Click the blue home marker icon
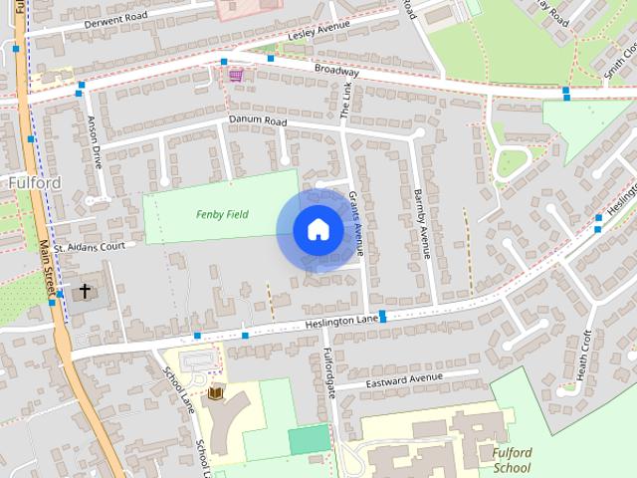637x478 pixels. pyautogui.click(x=318, y=230)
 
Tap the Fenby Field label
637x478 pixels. pyautogui.click(x=222, y=214)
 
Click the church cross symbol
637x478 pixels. pyautogui.click(x=85, y=291)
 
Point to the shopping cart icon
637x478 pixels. pyautogui.click(x=236, y=74)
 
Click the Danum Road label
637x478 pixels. pyautogui.click(x=257, y=121)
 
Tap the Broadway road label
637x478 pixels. pyautogui.click(x=335, y=72)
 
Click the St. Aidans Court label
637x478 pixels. pyautogui.click(x=89, y=246)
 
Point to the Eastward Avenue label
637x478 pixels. pyautogui.click(x=403, y=378)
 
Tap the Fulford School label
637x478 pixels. pyautogui.click(x=512, y=459)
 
